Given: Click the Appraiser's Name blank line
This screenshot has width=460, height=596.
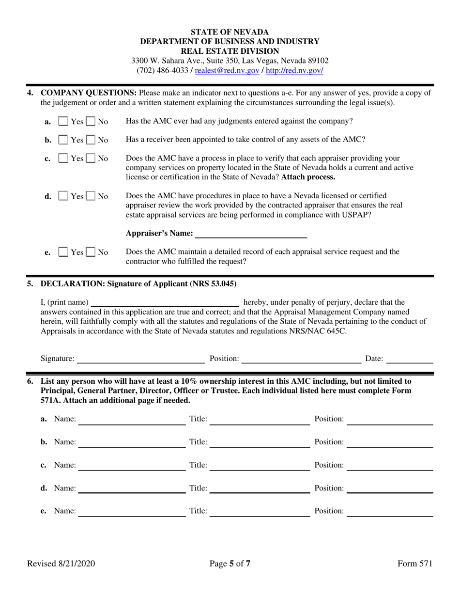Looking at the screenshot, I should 250,235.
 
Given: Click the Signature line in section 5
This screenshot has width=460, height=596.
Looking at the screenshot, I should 140,359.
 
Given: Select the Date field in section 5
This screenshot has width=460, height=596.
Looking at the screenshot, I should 410,359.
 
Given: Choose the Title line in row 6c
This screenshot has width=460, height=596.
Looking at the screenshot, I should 261,466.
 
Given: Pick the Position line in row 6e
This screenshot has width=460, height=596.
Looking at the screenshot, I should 390,511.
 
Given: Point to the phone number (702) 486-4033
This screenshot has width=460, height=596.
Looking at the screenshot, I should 162,70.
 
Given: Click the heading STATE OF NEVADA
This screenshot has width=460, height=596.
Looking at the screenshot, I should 230,32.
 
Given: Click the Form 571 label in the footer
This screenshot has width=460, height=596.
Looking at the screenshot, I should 414,564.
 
